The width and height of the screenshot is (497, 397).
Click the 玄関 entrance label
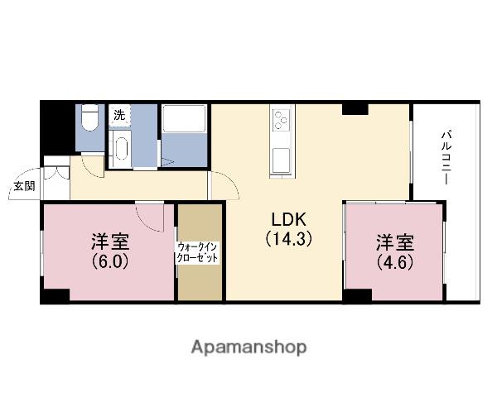pyautogui.click(x=22, y=187)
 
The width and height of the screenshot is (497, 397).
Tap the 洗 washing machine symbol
pyautogui.click(x=119, y=116)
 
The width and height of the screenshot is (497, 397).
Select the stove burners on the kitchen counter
pyautogui.click(x=281, y=120)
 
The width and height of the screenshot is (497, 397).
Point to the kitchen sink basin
pyautogui.click(x=281, y=156)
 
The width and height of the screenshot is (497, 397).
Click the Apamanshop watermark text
pyautogui.click(x=248, y=347)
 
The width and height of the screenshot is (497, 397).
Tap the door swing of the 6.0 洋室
pyautogui.click(x=151, y=217)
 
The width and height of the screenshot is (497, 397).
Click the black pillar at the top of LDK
pyautogui.click(x=355, y=109)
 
